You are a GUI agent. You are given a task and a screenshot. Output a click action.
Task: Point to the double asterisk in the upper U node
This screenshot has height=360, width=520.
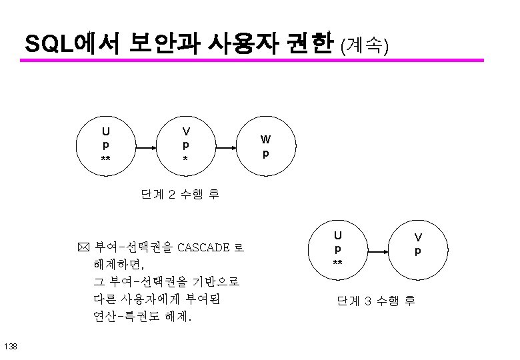point(105,160)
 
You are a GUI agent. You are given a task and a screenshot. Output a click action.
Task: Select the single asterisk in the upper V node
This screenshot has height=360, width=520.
point(186,161)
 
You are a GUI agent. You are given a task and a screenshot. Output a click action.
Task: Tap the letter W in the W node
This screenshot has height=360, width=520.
point(265,139)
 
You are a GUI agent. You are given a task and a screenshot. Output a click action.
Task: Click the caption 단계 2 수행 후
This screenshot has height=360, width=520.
point(179,195)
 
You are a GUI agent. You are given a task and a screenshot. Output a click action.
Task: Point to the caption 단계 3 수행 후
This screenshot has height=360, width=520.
point(376,301)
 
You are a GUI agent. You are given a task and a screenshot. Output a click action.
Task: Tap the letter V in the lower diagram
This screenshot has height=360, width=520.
point(418,237)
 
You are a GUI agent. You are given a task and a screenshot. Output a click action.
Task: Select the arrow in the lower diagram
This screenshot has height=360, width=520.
point(378,252)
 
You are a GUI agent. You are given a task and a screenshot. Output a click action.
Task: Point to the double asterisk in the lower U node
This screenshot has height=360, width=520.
point(338,264)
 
